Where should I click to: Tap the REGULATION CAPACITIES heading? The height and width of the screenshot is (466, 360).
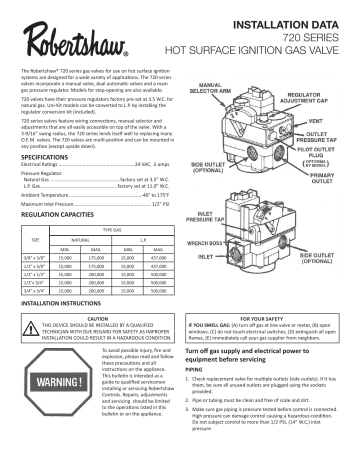coord(62,215)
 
